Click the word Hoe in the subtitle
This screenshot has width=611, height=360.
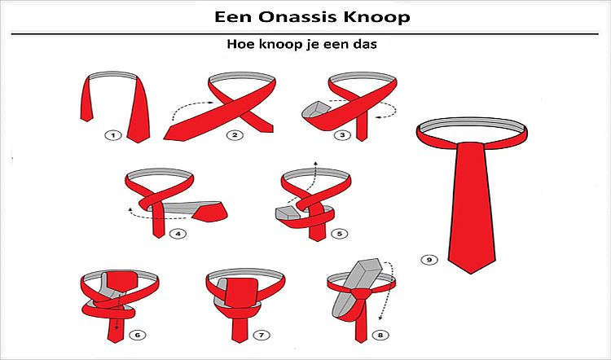point(239,44)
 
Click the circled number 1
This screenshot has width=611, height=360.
point(113,135)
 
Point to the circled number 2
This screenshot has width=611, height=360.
point(235,135)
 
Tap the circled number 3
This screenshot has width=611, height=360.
point(342,135)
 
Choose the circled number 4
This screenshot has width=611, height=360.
point(178,234)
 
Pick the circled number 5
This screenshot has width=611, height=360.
point(340,234)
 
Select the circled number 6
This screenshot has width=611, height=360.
point(137,335)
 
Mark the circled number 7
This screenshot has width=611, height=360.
point(261,335)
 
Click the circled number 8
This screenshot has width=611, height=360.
point(380,335)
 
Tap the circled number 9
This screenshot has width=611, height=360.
point(429,260)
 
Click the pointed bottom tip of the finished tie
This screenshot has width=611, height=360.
point(472,273)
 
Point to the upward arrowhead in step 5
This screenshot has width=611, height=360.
point(315,163)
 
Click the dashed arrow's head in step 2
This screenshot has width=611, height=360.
point(211,103)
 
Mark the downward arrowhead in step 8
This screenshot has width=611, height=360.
point(380,318)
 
